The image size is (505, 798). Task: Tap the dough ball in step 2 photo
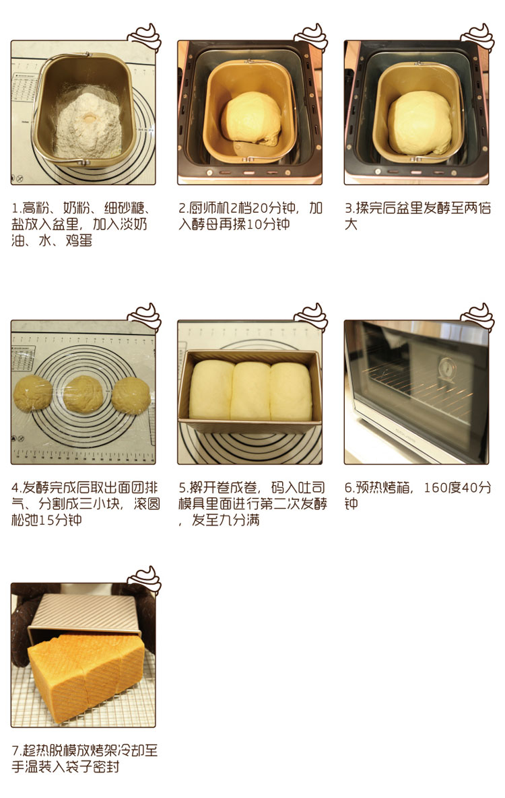coord(251,119)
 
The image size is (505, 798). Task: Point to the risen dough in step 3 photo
coord(419,122)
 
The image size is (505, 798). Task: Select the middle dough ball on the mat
coord(83,394)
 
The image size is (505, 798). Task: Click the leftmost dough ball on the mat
coord(33,394)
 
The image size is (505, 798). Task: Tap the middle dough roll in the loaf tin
coord(250,391)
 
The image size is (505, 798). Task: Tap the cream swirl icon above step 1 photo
coord(144,37)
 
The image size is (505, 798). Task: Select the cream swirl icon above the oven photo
coord(477,317)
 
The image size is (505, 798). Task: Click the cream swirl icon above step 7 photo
coord(144,580)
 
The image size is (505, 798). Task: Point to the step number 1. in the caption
coord(16,208)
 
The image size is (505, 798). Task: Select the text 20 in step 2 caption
coord(260,208)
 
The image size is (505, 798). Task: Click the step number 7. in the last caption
coord(17,751)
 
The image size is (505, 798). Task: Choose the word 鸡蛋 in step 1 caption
coord(79,240)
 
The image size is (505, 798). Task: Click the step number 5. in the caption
coord(184,488)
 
